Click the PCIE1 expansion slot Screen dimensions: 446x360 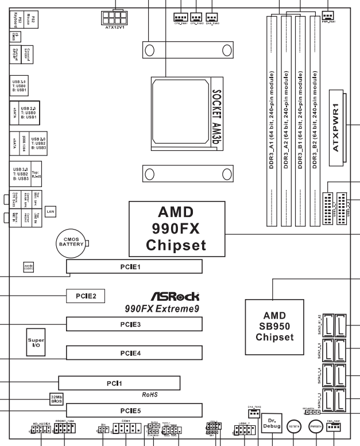[134, 266]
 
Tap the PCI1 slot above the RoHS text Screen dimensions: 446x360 [119, 383]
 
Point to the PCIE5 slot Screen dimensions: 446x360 [134, 410]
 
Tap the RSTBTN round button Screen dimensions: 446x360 [295, 427]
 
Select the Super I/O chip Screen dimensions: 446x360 [36, 343]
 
